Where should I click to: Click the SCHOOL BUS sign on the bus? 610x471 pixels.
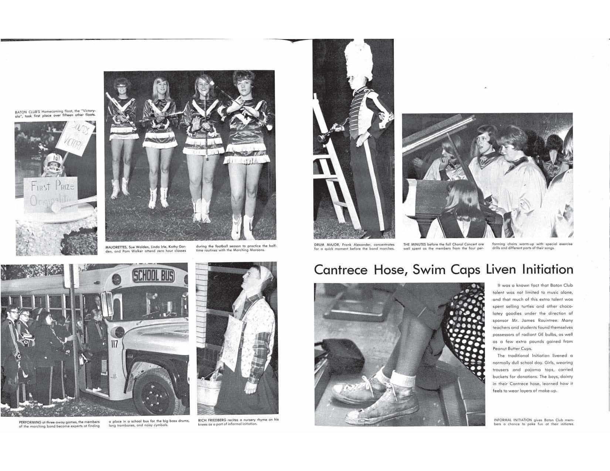[x=154, y=275]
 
